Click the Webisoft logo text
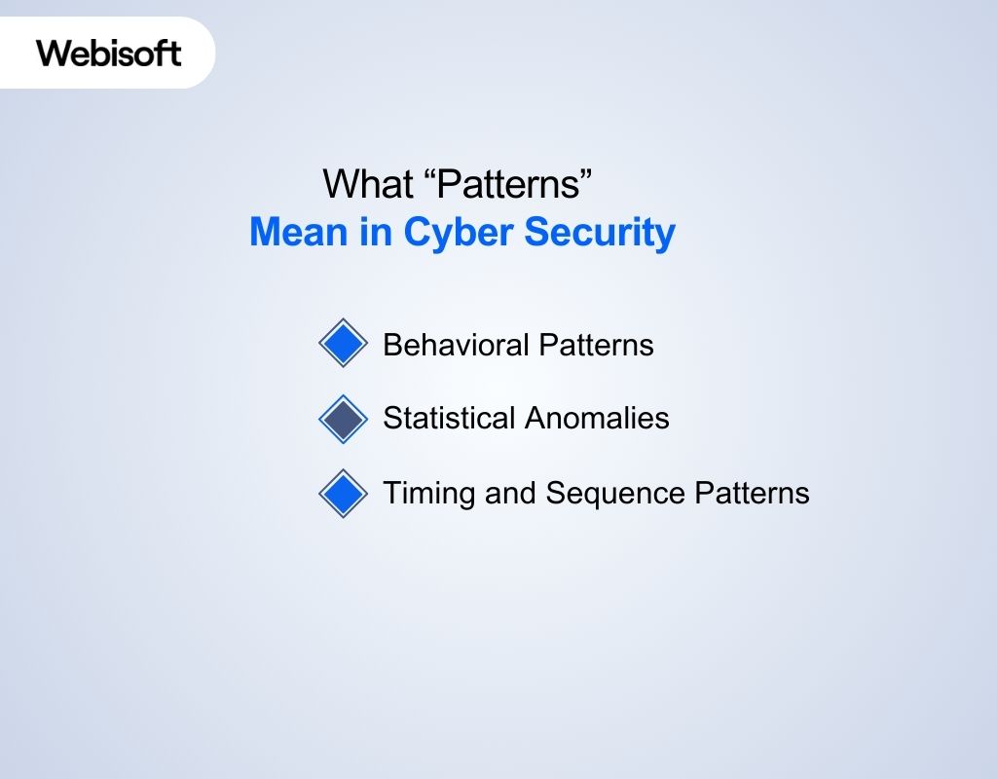[109, 53]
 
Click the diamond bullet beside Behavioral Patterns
[343, 344]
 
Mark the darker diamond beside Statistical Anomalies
[343, 419]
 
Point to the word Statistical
[449, 419]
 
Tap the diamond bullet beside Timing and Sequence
[343, 494]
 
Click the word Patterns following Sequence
[752, 494]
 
